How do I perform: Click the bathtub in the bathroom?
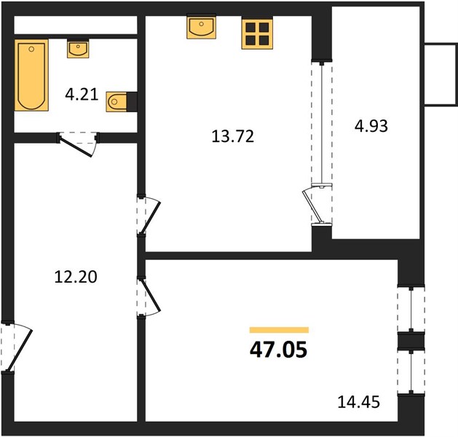click(31, 75)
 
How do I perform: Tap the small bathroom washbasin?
click(78, 48)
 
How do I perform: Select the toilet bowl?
click(117, 102)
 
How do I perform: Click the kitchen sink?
click(202, 26)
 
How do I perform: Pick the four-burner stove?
click(257, 34)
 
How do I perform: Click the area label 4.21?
click(82, 95)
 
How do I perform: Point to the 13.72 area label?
click(233, 136)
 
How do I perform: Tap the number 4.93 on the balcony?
click(371, 126)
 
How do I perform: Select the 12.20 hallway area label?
click(76, 277)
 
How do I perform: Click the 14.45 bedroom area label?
click(359, 401)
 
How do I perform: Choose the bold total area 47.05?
click(279, 350)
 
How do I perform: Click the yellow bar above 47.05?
click(279, 330)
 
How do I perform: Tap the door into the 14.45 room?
click(148, 296)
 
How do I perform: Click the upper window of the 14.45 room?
click(411, 309)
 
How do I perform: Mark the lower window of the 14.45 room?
click(411, 371)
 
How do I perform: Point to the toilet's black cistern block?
click(132, 102)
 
